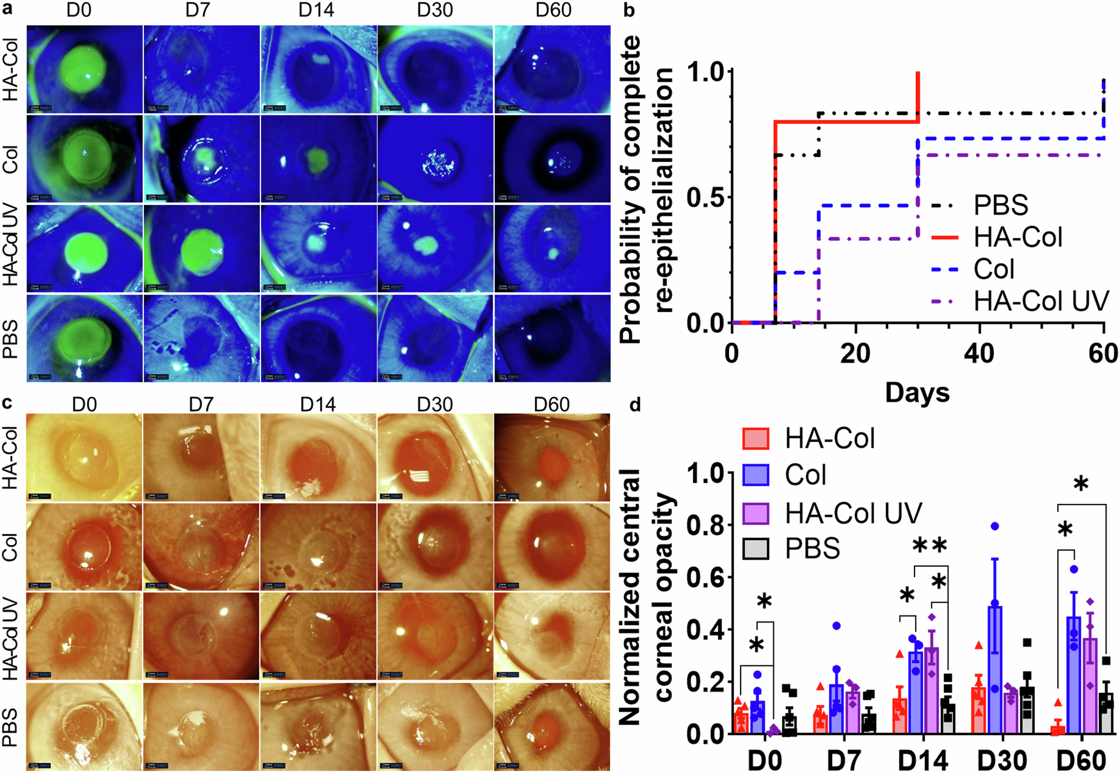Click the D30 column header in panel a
coord(435,11)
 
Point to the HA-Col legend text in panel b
coord(1018,238)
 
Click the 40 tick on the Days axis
coord(979,354)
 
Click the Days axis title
coord(916,392)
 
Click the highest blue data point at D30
coord(995,526)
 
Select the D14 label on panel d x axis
coord(922,760)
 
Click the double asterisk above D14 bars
coord(929,547)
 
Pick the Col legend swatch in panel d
coord(756,475)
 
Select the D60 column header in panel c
coord(552,405)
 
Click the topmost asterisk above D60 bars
coord(1080,485)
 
